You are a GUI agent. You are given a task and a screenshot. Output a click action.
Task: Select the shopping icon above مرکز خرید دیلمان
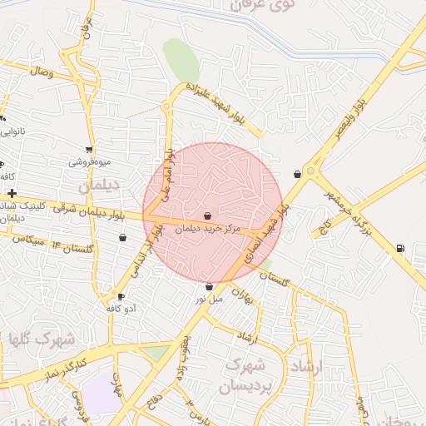[207, 215]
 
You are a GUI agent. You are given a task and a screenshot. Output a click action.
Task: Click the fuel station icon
[401, 247]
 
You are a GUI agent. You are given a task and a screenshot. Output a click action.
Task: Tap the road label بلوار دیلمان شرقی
[79, 212]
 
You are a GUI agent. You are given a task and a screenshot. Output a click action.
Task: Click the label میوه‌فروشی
[87, 161]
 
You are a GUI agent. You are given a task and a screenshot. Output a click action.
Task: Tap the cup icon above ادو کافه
[121, 297]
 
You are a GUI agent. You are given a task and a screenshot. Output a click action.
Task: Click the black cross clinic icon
[12, 193]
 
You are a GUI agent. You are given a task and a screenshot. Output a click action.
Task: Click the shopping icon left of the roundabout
[297, 174]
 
